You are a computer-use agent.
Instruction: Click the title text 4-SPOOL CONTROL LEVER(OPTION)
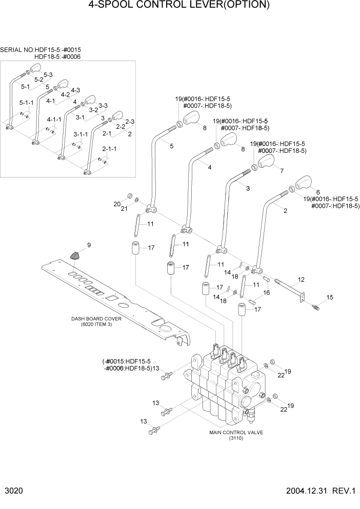179,6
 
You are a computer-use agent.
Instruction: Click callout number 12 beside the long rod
301,280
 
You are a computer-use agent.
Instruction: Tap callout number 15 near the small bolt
329,297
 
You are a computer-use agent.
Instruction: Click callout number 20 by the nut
116,204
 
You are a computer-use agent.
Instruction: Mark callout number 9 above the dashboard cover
88,245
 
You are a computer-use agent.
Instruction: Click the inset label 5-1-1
26,103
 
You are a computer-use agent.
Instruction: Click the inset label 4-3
75,90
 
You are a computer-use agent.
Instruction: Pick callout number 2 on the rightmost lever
285,210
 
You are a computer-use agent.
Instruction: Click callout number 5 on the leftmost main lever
171,146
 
